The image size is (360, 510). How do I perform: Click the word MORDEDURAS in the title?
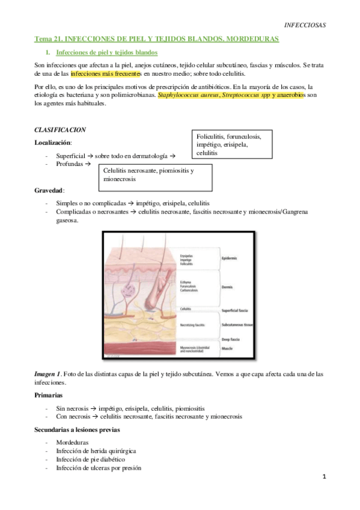254,38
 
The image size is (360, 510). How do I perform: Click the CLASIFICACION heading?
60,129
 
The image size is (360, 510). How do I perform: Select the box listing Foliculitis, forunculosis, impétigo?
231,144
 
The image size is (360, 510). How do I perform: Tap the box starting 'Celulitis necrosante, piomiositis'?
156,175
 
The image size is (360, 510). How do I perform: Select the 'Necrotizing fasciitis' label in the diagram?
192,325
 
